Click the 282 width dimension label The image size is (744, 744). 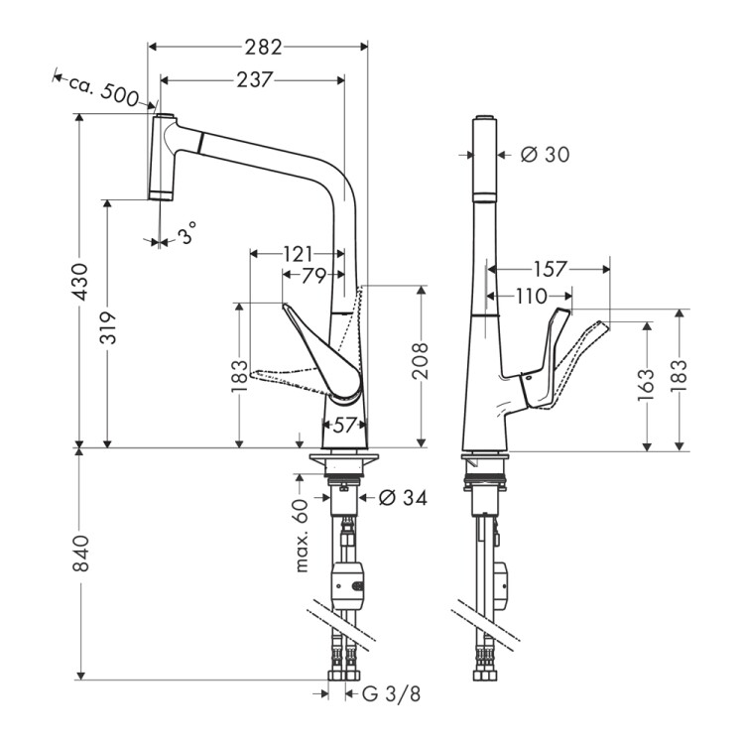click(x=264, y=47)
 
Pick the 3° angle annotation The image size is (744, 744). click(x=187, y=235)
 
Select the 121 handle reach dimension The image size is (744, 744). click(x=298, y=253)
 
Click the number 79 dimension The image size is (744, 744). click(x=313, y=276)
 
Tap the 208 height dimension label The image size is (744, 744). click(x=421, y=363)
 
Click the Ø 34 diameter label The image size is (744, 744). click(x=402, y=498)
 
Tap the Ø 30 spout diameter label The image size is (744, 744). click(x=545, y=154)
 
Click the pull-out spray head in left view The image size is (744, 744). click(x=161, y=157)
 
